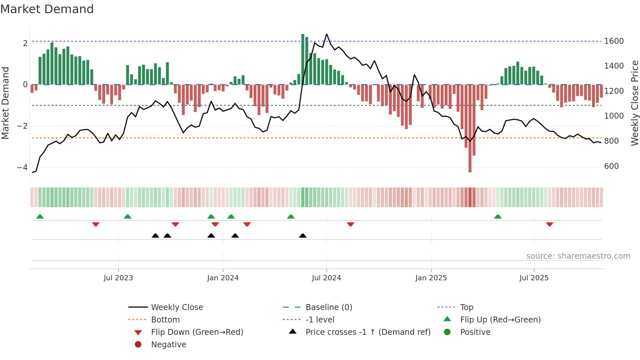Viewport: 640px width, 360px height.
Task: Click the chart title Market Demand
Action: (x=47, y=9)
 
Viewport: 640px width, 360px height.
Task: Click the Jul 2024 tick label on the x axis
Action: (x=326, y=278)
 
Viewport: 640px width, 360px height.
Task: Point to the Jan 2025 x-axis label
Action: (x=431, y=278)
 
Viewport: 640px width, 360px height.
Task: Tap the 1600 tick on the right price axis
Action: (x=614, y=41)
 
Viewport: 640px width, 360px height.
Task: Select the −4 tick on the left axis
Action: (x=23, y=168)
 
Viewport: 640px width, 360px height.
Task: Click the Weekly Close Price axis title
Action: (x=634, y=103)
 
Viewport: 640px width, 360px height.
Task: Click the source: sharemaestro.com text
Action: (x=578, y=256)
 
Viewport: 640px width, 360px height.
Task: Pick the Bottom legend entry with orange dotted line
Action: (x=165, y=320)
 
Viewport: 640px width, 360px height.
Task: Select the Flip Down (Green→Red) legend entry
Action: (x=197, y=332)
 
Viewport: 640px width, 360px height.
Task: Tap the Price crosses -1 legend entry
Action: (x=368, y=332)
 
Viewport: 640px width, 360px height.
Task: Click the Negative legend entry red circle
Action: (x=138, y=345)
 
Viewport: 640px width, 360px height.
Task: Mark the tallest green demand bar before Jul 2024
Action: (x=303, y=59)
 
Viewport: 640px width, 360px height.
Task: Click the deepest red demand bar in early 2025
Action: (x=470, y=131)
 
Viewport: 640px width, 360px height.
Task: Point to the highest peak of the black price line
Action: (x=327, y=34)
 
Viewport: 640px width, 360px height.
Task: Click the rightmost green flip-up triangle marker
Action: (x=498, y=217)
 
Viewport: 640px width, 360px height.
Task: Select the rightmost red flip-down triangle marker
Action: (x=550, y=224)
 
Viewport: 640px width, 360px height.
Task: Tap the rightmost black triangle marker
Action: (x=303, y=236)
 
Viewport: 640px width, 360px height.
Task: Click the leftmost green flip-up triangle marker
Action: (x=40, y=217)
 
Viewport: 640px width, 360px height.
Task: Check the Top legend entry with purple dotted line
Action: (x=467, y=307)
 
